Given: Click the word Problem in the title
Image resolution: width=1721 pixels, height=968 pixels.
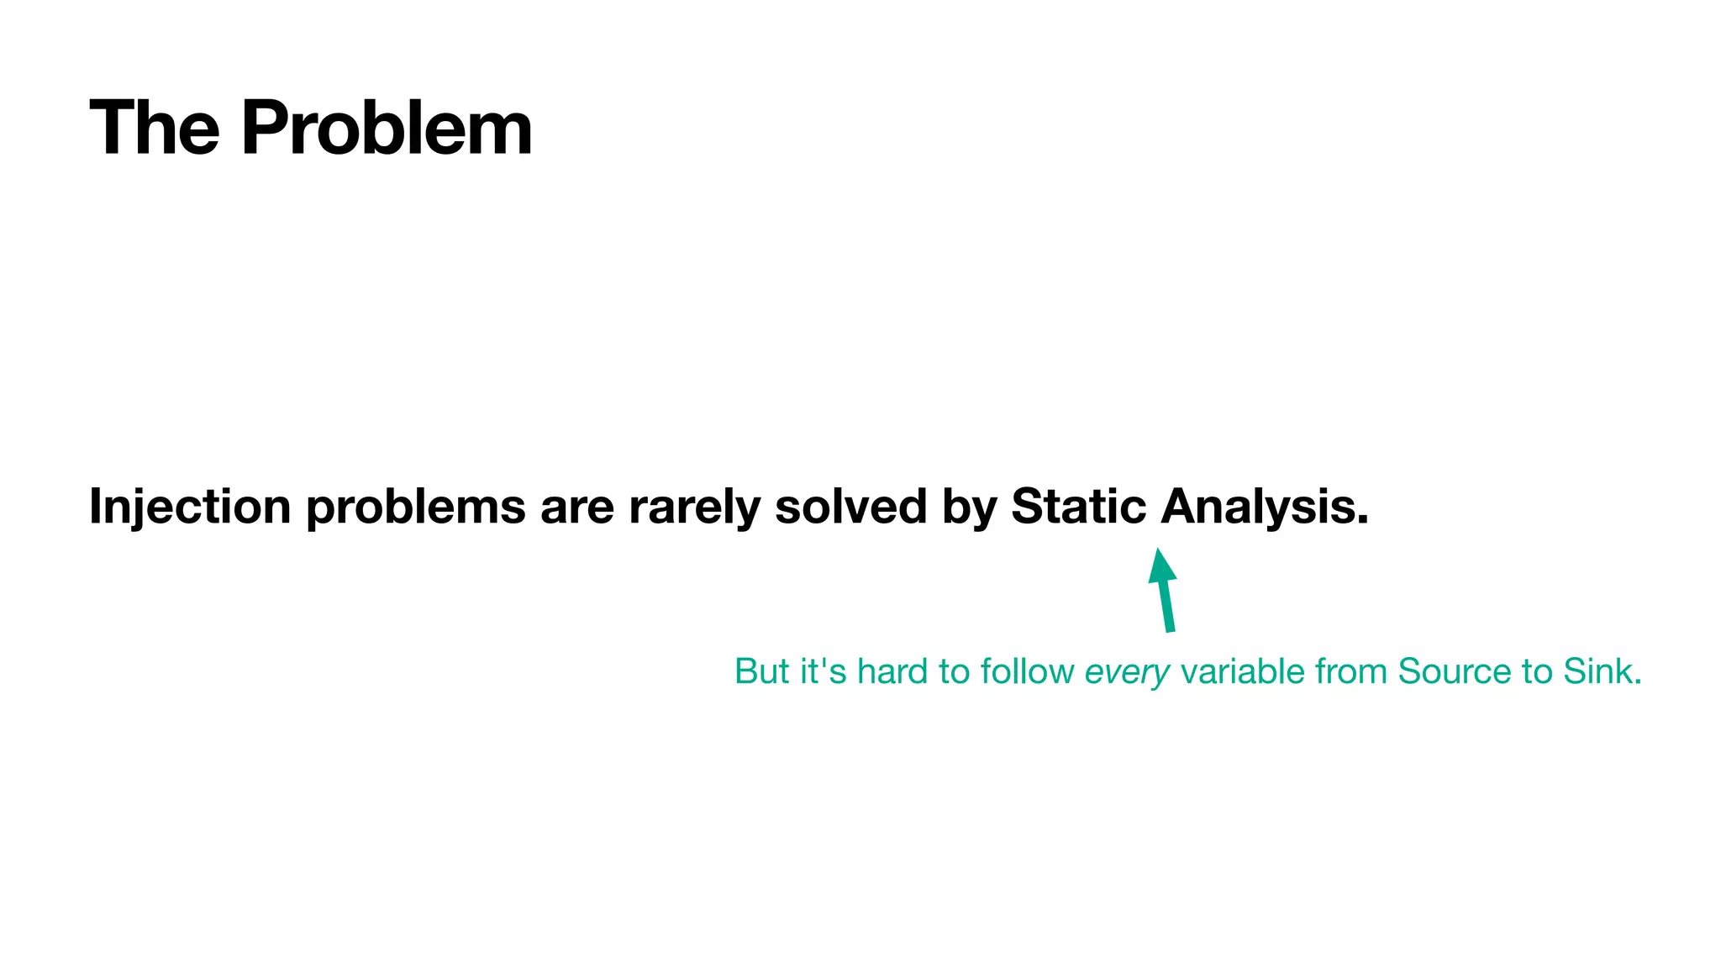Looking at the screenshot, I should (x=387, y=128).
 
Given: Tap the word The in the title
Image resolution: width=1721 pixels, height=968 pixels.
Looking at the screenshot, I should (x=155, y=128).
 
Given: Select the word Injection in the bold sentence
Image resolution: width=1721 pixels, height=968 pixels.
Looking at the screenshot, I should (x=190, y=507).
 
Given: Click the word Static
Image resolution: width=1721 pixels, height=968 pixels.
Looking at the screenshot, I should (x=1078, y=507).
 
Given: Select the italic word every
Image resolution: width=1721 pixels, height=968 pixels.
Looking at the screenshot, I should (x=1127, y=672).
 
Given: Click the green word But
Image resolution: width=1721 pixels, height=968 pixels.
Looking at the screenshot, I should (x=761, y=671).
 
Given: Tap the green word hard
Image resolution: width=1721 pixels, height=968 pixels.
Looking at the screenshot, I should (x=892, y=671).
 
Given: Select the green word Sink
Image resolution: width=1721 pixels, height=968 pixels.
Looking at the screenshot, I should (x=1602, y=671).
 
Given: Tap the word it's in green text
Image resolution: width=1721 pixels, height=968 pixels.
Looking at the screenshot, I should (x=823, y=671).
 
